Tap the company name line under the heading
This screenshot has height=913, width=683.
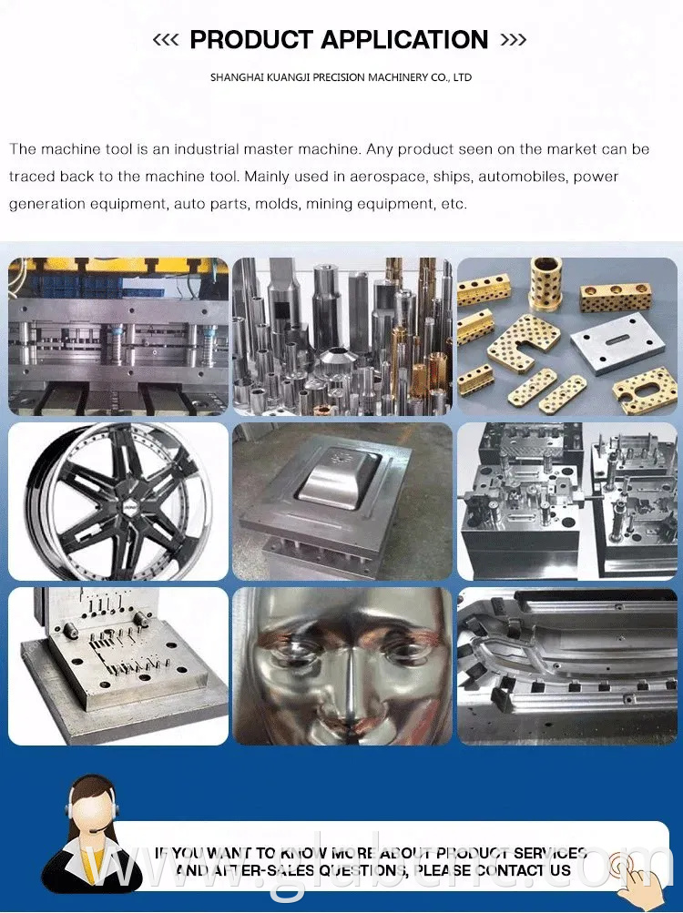341,77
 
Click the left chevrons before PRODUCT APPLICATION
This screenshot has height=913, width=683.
165,40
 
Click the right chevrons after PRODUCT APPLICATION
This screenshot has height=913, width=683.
514,40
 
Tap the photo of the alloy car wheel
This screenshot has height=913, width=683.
118,502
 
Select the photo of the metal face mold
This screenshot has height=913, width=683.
342,665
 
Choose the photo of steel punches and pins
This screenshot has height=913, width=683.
342,337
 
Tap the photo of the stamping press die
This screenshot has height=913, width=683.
118,337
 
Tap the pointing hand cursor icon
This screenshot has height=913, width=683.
631,869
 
